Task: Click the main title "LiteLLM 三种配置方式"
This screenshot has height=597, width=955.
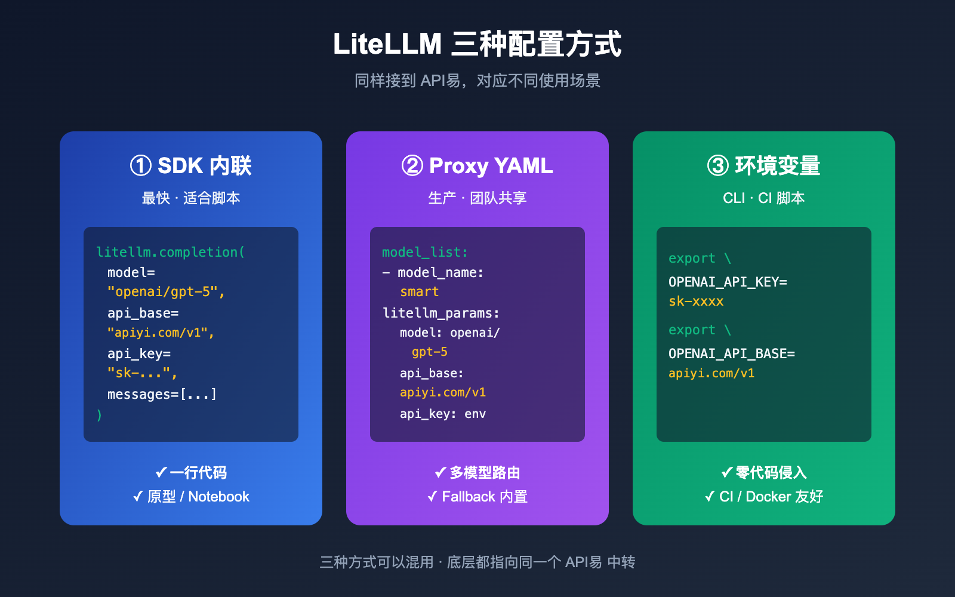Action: (x=477, y=44)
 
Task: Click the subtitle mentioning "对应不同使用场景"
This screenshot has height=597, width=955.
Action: (x=477, y=81)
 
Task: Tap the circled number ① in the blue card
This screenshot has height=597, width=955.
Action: (x=141, y=166)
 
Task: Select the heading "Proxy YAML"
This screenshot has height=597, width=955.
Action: (x=491, y=166)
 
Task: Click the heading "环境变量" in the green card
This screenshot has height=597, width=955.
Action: (x=777, y=166)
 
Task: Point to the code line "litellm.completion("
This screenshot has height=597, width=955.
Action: (x=171, y=252)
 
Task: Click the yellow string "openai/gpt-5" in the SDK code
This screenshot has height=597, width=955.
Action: (x=166, y=292)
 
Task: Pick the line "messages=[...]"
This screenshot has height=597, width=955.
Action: (x=162, y=394)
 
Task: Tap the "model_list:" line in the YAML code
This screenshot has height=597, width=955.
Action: (x=425, y=252)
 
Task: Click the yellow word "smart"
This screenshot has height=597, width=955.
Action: (x=420, y=292)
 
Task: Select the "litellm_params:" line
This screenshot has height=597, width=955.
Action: (x=441, y=313)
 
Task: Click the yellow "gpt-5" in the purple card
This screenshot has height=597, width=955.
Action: (x=430, y=352)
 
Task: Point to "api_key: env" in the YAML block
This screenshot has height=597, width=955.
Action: (x=443, y=414)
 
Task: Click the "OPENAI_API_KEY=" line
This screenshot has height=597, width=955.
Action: (x=728, y=282)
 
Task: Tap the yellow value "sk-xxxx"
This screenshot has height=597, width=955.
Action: (x=696, y=301)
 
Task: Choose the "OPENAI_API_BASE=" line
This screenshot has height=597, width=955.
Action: (x=732, y=353)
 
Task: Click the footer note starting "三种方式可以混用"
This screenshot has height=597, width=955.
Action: (x=477, y=562)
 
